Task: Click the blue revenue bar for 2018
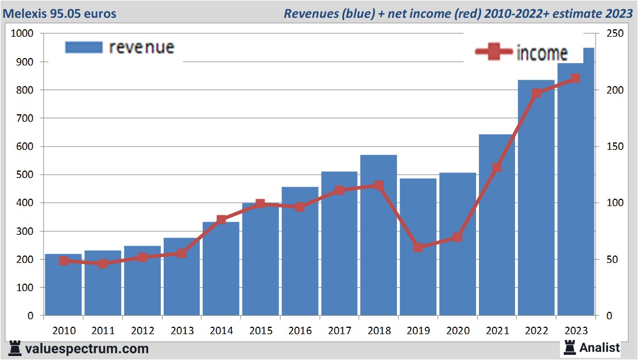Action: pos(378,241)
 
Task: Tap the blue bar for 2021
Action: pos(497,230)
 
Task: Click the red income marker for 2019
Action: pos(418,247)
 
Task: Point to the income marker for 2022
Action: pos(536,94)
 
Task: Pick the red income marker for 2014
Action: pos(221,220)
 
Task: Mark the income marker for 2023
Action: pos(575,79)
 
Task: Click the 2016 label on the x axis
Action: pos(300,331)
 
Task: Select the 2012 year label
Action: pos(142,331)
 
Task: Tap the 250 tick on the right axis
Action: pos(608,34)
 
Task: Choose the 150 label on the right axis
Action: pos(608,146)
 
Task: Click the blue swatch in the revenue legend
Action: pos(84,47)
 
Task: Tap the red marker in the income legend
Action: pos(493,52)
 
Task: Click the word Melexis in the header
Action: pos(26,13)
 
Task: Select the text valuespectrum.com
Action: pos(87,348)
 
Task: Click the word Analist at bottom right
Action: pos(600,347)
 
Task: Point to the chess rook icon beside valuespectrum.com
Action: pos(15,348)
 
